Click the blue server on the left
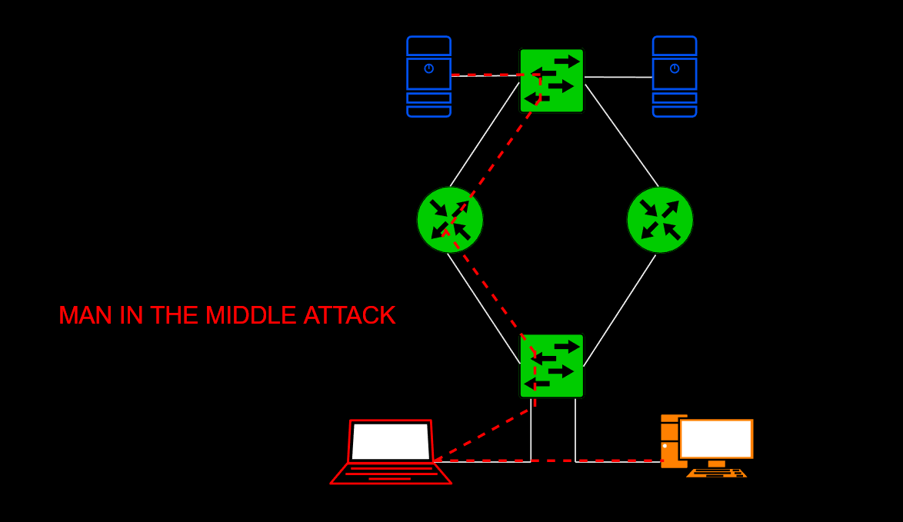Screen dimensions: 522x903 pos(428,77)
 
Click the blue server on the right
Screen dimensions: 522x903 pos(675,77)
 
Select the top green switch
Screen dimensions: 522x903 pos(551,80)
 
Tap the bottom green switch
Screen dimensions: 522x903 pos(551,365)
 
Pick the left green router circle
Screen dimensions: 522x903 pos(450,220)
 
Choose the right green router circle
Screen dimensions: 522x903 pos(660,220)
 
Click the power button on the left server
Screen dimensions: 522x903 pos(428,68)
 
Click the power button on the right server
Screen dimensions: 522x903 pos(675,68)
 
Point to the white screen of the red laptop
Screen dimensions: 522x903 pos(391,441)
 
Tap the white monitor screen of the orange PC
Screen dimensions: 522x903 pos(716,439)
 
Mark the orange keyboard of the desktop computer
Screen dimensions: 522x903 pos(716,473)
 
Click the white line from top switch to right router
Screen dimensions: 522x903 pos(621,135)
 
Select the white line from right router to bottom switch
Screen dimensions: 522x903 pos(619,311)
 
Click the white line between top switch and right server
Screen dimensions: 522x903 pos(618,77)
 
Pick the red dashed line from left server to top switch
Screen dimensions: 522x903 pos(485,75)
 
